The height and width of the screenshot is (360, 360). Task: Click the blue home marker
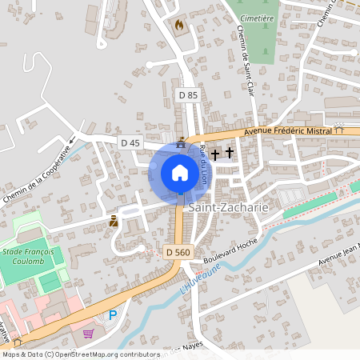pos(180,173)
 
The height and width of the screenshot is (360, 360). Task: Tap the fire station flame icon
pos(178,25)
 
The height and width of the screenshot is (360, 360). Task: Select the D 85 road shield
pos(187,95)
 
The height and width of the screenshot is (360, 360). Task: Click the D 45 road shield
pos(130,142)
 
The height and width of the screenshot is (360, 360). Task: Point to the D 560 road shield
pos(179,252)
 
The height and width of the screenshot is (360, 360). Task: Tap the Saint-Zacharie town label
pos(227,207)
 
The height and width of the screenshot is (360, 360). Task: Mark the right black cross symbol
pos(230,151)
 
